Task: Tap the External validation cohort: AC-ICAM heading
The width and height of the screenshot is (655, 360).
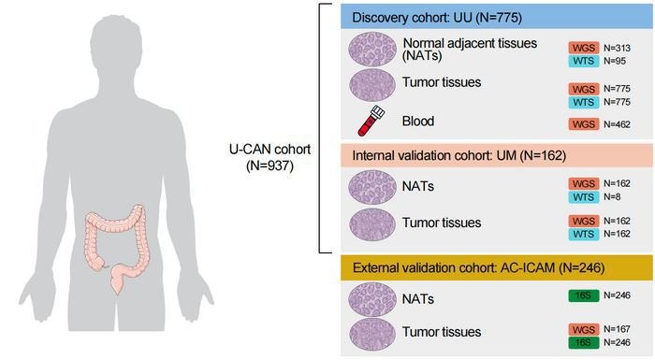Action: [477, 269]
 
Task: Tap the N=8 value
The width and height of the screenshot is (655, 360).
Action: [609, 198]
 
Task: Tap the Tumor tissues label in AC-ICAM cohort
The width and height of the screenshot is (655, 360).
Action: [442, 332]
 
